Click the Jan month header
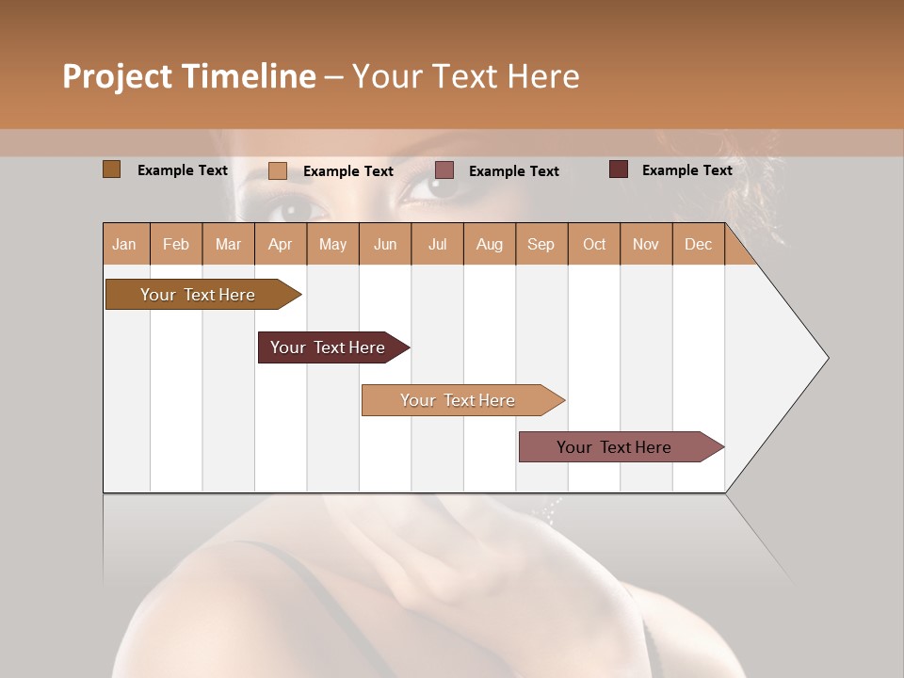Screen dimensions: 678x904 tap(124, 244)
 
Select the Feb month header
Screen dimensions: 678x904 tap(176, 244)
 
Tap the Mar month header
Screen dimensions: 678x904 tap(228, 244)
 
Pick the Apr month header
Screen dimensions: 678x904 tap(280, 244)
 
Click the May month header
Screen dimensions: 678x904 tap(332, 244)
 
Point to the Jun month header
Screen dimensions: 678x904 tap(385, 244)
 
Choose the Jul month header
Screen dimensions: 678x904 tap(437, 244)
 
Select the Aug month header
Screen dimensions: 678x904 tap(489, 244)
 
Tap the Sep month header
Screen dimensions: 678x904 tap(541, 244)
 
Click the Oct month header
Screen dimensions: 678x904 tap(594, 244)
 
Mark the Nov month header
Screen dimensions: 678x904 tap(645, 244)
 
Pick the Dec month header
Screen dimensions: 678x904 tap(698, 244)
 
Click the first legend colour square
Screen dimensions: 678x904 tap(112, 169)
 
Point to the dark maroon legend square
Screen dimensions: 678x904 tap(619, 169)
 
